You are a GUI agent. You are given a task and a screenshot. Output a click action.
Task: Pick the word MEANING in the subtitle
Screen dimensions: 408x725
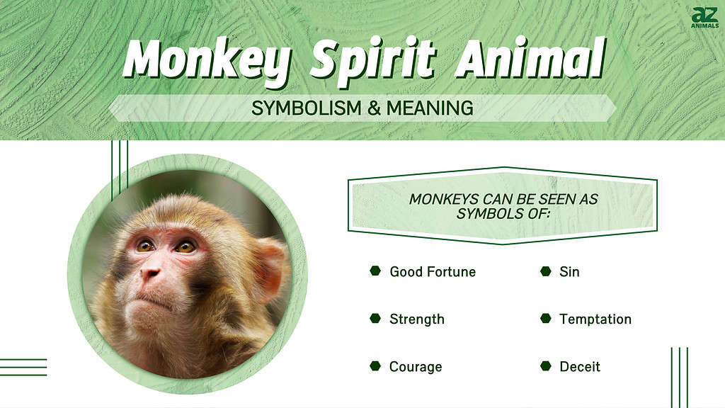426,108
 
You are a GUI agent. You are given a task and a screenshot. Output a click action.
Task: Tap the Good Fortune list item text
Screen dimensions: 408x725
433,271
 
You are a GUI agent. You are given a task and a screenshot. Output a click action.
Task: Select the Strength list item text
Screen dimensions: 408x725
417,319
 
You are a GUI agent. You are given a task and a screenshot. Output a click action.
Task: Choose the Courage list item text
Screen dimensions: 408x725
416,366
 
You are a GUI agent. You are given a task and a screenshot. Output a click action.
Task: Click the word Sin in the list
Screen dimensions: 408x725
569,271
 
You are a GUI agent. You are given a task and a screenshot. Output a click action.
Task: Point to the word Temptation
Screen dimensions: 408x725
595,319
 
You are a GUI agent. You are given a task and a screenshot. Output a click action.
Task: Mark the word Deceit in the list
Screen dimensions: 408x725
580,366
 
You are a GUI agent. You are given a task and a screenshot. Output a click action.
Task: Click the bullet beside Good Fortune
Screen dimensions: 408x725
375,271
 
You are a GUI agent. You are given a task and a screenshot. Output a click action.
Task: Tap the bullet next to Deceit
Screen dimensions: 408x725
545,366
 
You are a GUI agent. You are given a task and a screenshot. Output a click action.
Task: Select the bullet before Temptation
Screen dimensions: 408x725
545,319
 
